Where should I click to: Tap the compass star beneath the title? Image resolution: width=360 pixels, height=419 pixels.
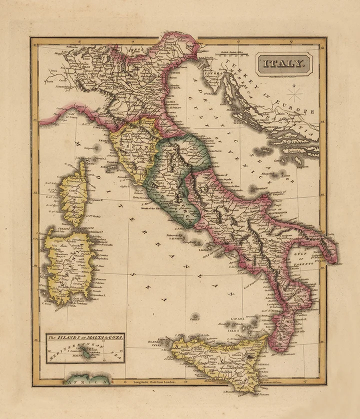pyautogui.click(x=295, y=92)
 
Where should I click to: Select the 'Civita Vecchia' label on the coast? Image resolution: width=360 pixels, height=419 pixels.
pyautogui.click(x=140, y=198)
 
